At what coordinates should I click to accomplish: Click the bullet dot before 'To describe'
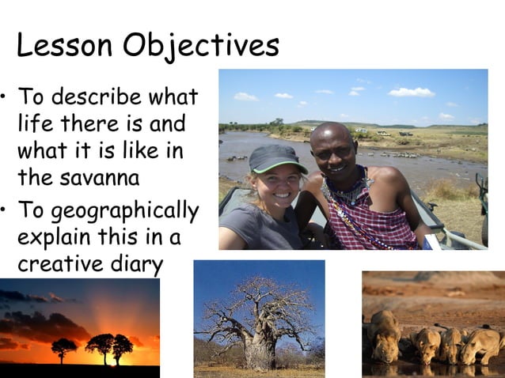(x=6, y=98)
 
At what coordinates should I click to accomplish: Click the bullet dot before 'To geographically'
(x=6, y=212)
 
